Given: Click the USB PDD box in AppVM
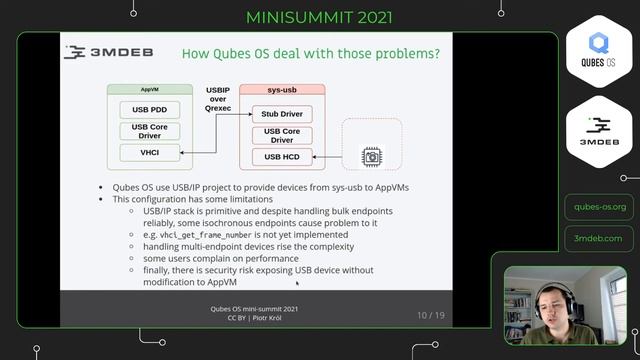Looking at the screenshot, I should tap(149, 109).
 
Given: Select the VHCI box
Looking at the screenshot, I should tap(149, 152).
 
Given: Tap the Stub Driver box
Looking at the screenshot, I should tap(282, 114).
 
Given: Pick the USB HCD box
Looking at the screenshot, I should tap(282, 156).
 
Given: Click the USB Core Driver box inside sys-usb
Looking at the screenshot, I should tap(282, 135).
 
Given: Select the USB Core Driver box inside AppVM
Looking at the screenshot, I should tap(149, 130).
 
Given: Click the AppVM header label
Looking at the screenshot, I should tap(150, 90).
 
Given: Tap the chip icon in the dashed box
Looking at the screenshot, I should tap(371, 156).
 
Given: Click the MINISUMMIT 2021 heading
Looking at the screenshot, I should tap(319, 18).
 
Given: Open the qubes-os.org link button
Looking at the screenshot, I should tap(599, 207).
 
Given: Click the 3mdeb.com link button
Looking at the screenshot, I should tap(599, 238).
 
